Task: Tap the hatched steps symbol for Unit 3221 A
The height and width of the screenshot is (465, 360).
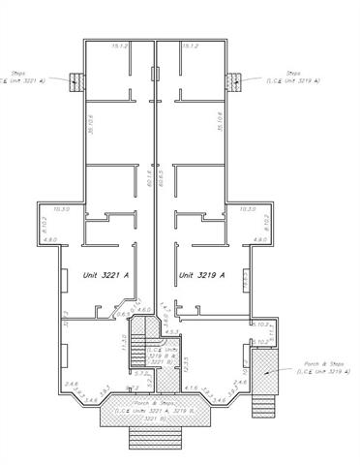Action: tap(75, 81)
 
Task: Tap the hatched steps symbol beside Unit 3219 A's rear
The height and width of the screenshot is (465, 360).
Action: tap(232, 81)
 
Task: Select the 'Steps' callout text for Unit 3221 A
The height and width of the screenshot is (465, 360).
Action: tap(21, 77)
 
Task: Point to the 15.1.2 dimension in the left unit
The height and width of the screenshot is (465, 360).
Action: tap(121, 46)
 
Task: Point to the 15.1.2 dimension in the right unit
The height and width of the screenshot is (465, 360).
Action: tap(189, 46)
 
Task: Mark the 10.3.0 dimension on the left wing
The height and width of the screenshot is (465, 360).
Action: tap(63, 208)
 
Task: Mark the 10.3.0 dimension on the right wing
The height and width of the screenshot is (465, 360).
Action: tap(247, 208)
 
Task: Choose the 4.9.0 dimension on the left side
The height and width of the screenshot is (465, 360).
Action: tap(52, 239)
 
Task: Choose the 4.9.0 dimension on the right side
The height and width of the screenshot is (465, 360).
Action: tap(259, 239)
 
